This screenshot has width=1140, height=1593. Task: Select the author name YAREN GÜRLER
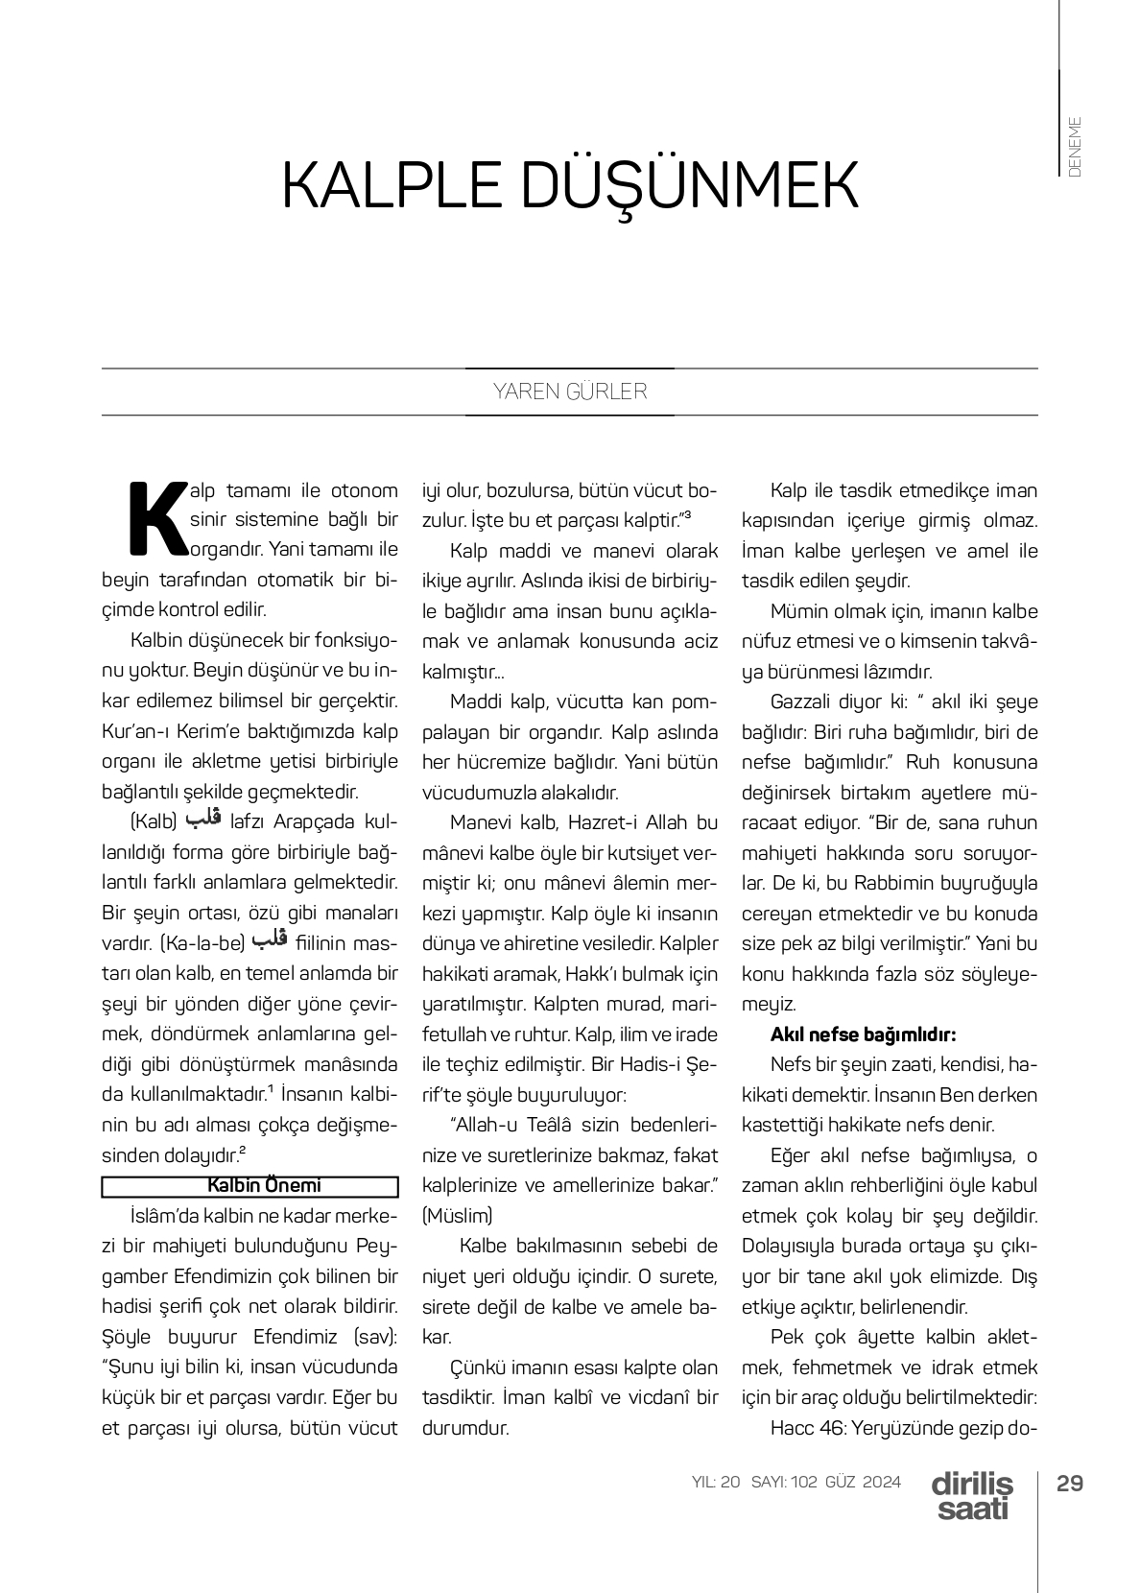tap(570, 392)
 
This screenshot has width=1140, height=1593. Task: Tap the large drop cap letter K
tap(156, 519)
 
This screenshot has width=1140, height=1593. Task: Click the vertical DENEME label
tap(1074, 146)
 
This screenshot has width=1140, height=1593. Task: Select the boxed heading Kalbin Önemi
tap(250, 1186)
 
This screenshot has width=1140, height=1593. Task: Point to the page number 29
tap(1069, 1483)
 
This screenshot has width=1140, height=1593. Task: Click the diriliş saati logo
tap(971, 1495)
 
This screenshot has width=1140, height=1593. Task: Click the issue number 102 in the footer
tap(804, 1482)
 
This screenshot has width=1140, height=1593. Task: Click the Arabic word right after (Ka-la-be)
tap(270, 940)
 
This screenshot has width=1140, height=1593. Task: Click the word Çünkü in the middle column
tap(476, 1367)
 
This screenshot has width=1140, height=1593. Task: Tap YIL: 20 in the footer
tap(716, 1482)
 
